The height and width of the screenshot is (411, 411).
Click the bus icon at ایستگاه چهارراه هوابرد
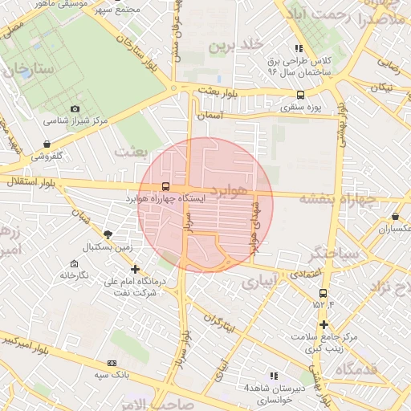[x=165, y=186]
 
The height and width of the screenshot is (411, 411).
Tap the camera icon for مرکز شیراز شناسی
[x=75, y=108]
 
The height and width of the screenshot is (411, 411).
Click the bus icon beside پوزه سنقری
[x=300, y=94]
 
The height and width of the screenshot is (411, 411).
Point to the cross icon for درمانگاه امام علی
[x=135, y=270]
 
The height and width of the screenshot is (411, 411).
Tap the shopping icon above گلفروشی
[x=48, y=144]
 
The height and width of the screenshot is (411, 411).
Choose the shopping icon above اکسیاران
[x=396, y=217]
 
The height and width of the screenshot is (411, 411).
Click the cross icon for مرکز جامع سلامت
[x=324, y=325]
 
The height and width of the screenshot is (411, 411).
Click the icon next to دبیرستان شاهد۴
[x=273, y=375]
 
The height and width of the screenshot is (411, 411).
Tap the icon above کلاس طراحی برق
[x=299, y=49]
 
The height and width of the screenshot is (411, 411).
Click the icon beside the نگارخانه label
[x=75, y=263]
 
